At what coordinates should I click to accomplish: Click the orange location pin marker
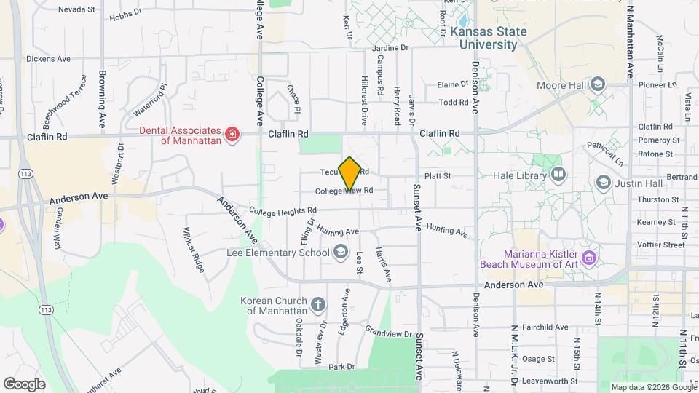[349, 174]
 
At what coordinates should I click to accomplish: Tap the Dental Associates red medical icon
[232, 135]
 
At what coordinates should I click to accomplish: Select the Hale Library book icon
[558, 174]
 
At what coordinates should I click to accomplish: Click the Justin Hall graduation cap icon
[603, 182]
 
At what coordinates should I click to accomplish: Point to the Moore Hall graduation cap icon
[598, 85]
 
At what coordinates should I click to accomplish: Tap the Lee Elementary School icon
[340, 253]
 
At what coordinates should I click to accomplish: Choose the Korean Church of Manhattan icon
[317, 303]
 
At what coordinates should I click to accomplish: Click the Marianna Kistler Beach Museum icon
[589, 257]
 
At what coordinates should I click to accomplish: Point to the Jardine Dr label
[391, 48]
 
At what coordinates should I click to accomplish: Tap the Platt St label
[438, 175]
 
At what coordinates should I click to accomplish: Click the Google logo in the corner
[24, 384]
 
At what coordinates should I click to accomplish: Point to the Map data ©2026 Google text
[653, 387]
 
